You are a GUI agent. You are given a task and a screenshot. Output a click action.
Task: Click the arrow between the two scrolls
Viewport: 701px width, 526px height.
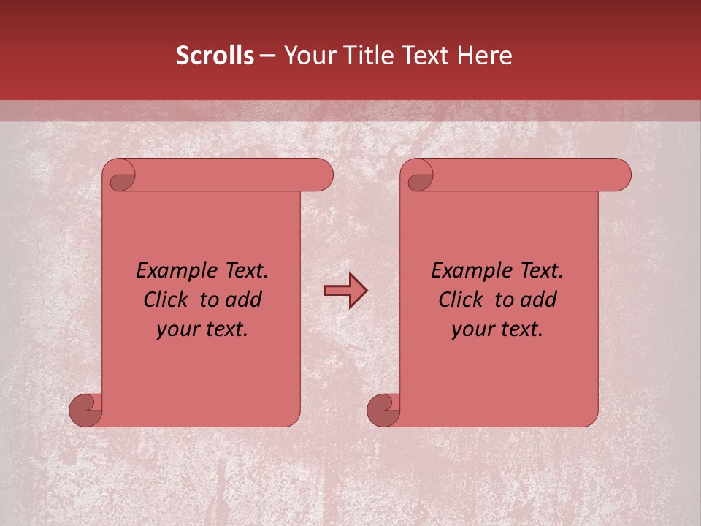[345, 291]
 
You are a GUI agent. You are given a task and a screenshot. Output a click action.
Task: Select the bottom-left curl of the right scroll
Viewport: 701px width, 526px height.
[384, 409]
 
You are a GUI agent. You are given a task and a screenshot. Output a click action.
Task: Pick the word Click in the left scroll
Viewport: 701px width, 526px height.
[166, 300]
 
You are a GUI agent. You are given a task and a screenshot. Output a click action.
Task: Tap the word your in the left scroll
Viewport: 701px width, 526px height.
[177, 329]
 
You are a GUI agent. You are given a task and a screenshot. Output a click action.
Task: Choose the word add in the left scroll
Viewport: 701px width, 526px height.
[242, 300]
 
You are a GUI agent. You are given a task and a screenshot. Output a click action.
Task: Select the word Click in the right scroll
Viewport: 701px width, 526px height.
[461, 300]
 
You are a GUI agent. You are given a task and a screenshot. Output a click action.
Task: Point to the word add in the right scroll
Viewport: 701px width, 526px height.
[537, 300]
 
